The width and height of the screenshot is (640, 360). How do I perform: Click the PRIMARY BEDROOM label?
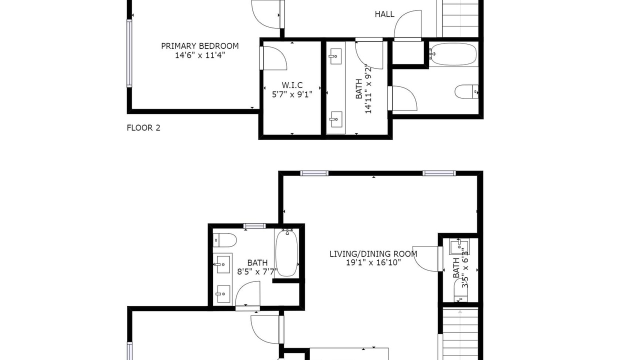tap(199, 46)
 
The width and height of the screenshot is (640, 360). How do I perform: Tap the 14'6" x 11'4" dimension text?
tap(199, 55)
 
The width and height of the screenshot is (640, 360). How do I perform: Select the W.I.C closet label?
tap(292, 85)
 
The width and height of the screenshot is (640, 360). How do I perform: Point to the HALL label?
tap(384, 14)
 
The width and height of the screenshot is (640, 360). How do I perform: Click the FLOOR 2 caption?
tap(143, 127)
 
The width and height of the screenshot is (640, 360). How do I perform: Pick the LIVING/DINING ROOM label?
tap(373, 253)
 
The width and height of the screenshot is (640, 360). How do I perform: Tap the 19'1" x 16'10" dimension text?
tap(373, 262)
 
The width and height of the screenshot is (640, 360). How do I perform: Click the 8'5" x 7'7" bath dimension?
tap(257, 271)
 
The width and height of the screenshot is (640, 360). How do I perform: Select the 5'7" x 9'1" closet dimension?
tap(292, 94)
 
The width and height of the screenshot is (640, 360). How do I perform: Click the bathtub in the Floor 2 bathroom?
tap(453, 54)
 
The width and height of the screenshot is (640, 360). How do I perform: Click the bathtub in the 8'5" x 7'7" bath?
tap(286, 253)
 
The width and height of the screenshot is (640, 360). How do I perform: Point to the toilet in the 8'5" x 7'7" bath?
tap(224, 240)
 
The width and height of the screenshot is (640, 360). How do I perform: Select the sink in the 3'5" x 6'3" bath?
tap(459, 247)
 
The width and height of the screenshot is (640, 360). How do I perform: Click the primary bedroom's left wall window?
tap(129, 53)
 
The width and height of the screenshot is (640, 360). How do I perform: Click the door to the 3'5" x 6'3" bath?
tap(427, 259)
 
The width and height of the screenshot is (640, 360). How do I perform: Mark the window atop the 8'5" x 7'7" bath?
tap(254, 226)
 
